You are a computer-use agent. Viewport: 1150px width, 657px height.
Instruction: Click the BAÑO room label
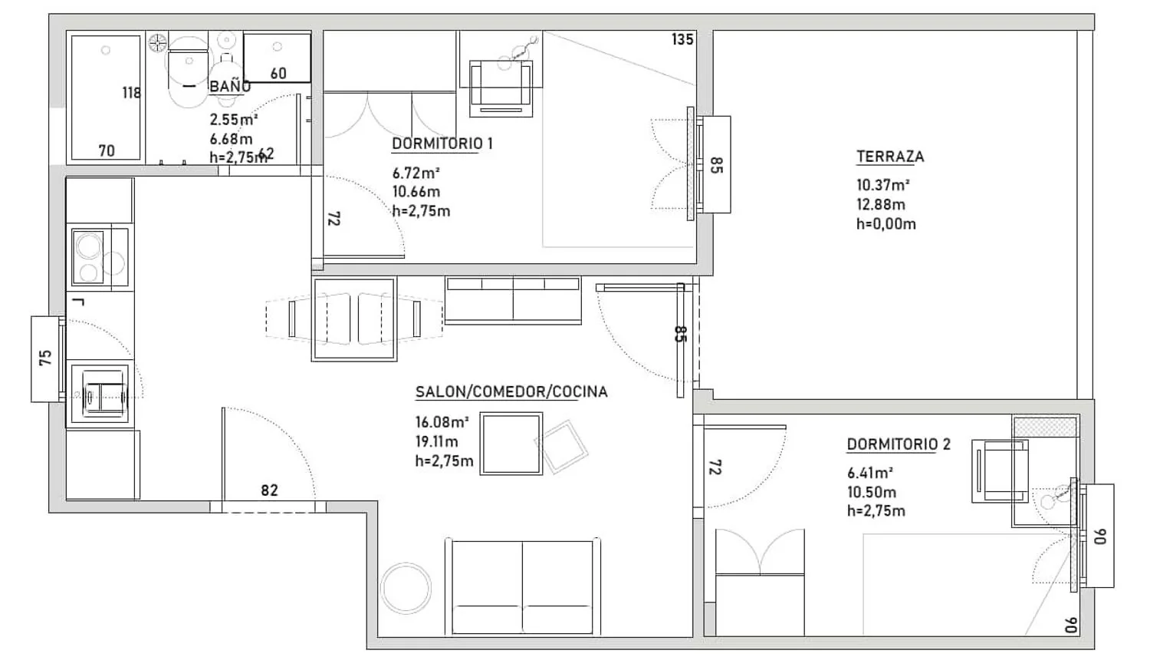click(x=230, y=87)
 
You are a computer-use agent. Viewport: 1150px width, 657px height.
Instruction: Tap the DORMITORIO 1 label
click(x=442, y=144)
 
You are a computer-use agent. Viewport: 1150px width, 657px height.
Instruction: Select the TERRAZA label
click(x=889, y=157)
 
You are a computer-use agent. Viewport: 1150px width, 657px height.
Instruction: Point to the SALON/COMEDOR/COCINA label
click(x=511, y=391)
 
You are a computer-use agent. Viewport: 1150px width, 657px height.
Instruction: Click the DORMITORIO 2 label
click(x=899, y=444)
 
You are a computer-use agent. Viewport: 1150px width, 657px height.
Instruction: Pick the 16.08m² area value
click(x=442, y=422)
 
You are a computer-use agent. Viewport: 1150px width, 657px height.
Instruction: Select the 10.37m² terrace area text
click(x=883, y=185)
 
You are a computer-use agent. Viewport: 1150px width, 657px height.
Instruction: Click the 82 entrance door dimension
click(x=270, y=490)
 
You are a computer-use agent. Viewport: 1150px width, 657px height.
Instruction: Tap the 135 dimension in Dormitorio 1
click(x=682, y=39)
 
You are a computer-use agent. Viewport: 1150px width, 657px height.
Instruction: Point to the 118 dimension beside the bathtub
click(x=131, y=93)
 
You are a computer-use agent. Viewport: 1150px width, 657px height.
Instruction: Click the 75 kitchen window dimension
click(x=46, y=358)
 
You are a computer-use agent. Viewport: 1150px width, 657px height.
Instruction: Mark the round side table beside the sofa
click(x=406, y=588)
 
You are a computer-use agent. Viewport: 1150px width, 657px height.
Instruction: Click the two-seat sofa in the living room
click(x=523, y=586)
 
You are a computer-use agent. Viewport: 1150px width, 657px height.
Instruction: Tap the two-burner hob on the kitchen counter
click(x=100, y=258)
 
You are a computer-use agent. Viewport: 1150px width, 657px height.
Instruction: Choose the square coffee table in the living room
click(x=511, y=443)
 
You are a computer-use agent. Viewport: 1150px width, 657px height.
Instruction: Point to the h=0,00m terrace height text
click(x=886, y=224)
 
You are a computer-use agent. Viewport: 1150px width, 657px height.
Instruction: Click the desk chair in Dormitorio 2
click(x=1000, y=471)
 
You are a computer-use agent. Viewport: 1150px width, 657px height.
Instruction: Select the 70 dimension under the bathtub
click(x=107, y=150)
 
